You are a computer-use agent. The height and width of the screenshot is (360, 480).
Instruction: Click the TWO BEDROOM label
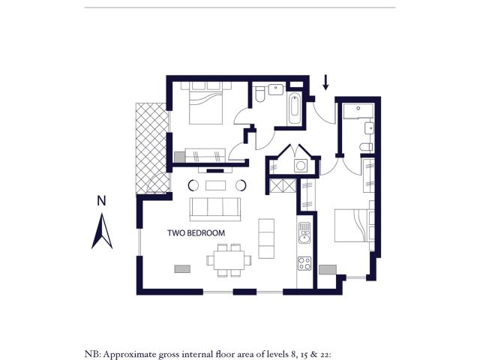click(196, 233)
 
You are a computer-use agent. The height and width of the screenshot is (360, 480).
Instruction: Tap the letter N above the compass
click(101, 201)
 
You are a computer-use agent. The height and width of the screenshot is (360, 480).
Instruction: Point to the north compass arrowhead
click(102, 231)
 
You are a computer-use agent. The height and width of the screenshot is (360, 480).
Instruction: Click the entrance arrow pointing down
click(326, 82)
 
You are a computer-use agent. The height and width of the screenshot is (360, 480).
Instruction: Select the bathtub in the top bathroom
click(294, 109)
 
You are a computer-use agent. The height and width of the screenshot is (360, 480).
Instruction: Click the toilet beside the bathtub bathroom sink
click(260, 94)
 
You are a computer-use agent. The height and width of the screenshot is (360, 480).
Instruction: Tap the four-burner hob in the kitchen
click(304, 263)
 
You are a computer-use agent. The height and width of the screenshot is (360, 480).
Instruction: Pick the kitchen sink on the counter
click(304, 233)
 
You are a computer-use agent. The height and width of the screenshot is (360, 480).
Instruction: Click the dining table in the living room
click(229, 260)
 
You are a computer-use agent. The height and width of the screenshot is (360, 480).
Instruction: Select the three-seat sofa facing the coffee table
click(215, 209)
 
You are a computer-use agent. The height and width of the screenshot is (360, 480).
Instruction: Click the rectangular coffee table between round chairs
click(215, 185)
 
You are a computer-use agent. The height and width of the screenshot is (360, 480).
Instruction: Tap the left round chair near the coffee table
click(193, 185)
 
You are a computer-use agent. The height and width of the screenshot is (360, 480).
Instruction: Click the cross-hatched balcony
click(152, 148)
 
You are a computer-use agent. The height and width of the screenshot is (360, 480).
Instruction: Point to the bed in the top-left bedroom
click(205, 103)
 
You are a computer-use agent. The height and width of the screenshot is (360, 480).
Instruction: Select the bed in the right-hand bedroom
click(352, 225)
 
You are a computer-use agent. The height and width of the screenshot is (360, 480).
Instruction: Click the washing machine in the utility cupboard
click(301, 166)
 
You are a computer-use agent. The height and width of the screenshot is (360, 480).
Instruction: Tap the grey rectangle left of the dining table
click(182, 268)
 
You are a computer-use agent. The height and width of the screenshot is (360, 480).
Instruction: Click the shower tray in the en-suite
click(358, 112)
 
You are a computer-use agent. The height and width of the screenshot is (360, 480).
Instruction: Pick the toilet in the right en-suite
click(367, 147)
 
